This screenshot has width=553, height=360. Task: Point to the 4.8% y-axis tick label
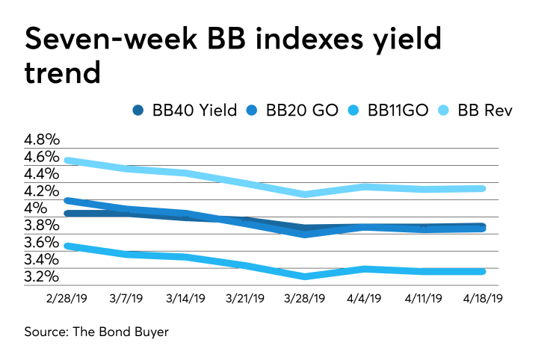click(x=42, y=140)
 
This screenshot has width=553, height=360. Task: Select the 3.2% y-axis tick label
click(x=42, y=277)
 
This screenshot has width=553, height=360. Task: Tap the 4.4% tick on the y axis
click(x=42, y=174)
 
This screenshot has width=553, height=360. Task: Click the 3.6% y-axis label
click(x=42, y=243)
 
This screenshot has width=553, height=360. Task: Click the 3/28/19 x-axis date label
click(x=304, y=298)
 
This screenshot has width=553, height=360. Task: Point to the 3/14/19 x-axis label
click(x=185, y=298)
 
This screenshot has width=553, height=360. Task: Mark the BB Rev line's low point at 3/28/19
click(x=305, y=194)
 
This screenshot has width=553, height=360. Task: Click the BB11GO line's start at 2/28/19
click(x=67, y=245)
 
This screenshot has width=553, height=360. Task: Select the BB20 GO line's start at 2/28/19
click(x=67, y=200)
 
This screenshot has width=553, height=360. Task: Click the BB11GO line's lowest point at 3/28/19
click(x=305, y=276)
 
